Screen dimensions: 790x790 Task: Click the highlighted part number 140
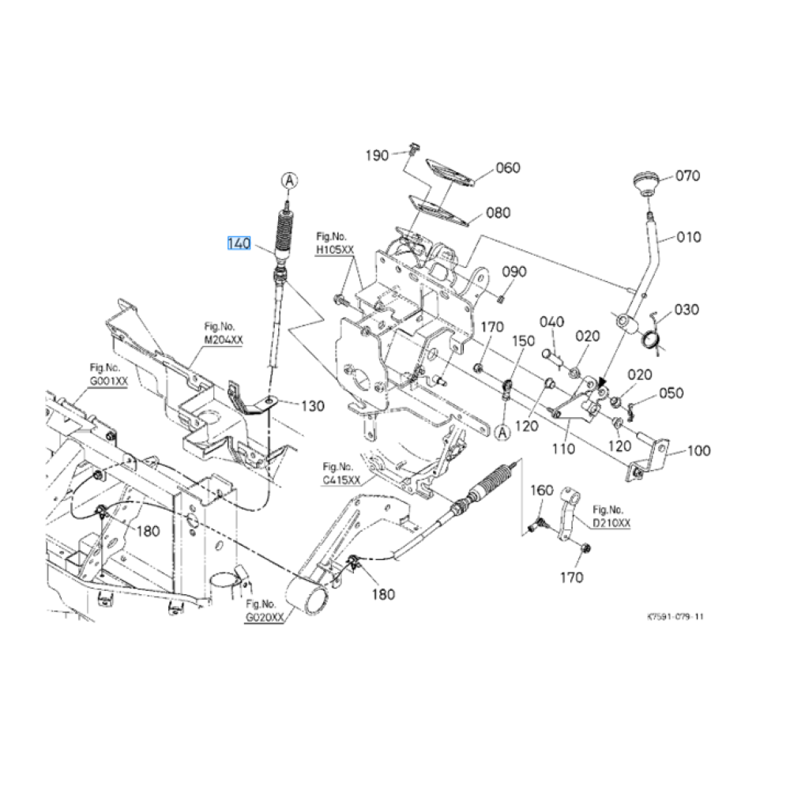point(239,244)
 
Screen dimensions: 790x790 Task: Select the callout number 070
point(687,176)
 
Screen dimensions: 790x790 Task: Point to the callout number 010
point(689,236)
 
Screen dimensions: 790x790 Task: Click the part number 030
point(687,309)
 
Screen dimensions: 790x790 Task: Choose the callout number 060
point(508,167)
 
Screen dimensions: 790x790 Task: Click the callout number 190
point(377,155)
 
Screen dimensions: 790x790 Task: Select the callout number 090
point(514,272)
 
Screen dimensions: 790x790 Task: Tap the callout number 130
point(312,405)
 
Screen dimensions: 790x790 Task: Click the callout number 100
point(699,451)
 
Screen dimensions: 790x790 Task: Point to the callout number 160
point(541,491)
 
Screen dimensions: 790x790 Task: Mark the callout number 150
point(524,340)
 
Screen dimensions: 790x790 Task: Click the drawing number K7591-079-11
point(675,617)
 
